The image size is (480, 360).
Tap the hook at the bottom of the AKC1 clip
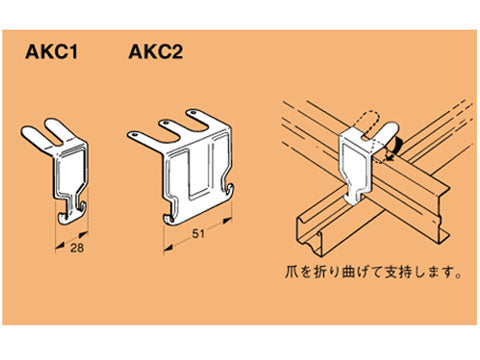pos(69,207)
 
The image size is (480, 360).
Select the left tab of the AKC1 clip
pos(32,134)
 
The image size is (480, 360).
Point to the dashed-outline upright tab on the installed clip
pos(369,119)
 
